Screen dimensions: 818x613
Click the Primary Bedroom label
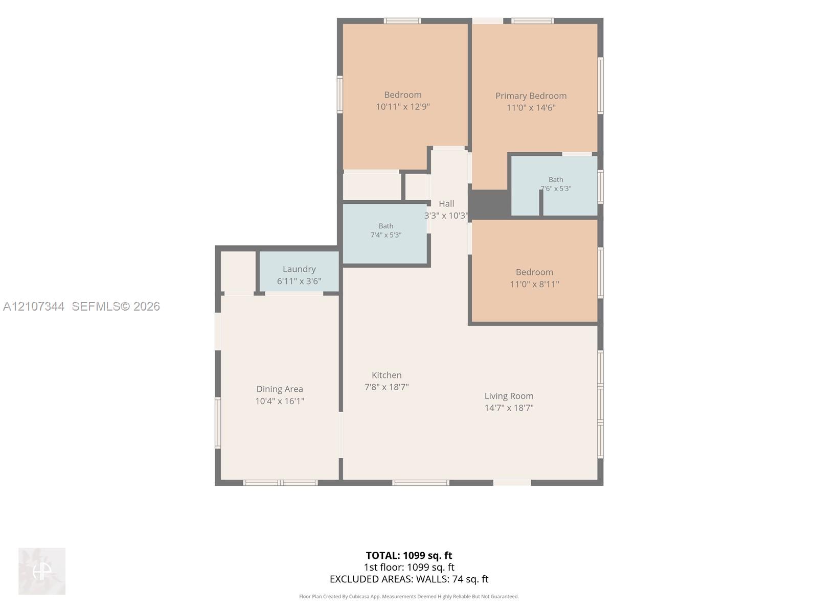tap(531, 96)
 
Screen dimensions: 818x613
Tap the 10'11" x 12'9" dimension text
tap(402, 107)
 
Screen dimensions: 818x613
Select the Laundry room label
tap(299, 269)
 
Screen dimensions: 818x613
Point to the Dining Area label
tap(280, 389)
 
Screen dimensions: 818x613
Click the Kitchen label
tap(387, 375)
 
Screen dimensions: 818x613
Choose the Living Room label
tap(509, 396)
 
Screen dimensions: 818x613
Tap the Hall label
tap(446, 204)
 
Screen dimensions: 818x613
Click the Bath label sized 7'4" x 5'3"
tap(385, 226)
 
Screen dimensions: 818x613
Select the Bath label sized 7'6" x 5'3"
tap(556, 180)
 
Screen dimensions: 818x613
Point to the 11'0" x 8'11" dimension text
tap(534, 285)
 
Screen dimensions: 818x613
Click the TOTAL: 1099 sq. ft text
tap(409, 555)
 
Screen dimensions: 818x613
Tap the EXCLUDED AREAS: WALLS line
tap(409, 579)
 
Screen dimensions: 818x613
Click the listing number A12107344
tap(34, 306)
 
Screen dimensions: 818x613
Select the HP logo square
tap(42, 571)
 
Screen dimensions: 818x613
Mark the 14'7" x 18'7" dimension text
tap(509, 408)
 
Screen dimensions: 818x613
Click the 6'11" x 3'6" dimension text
tap(299, 281)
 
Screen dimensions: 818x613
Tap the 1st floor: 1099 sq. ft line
tap(409, 567)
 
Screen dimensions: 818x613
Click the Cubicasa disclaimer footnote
tap(409, 597)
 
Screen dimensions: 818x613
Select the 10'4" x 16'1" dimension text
tap(280, 401)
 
